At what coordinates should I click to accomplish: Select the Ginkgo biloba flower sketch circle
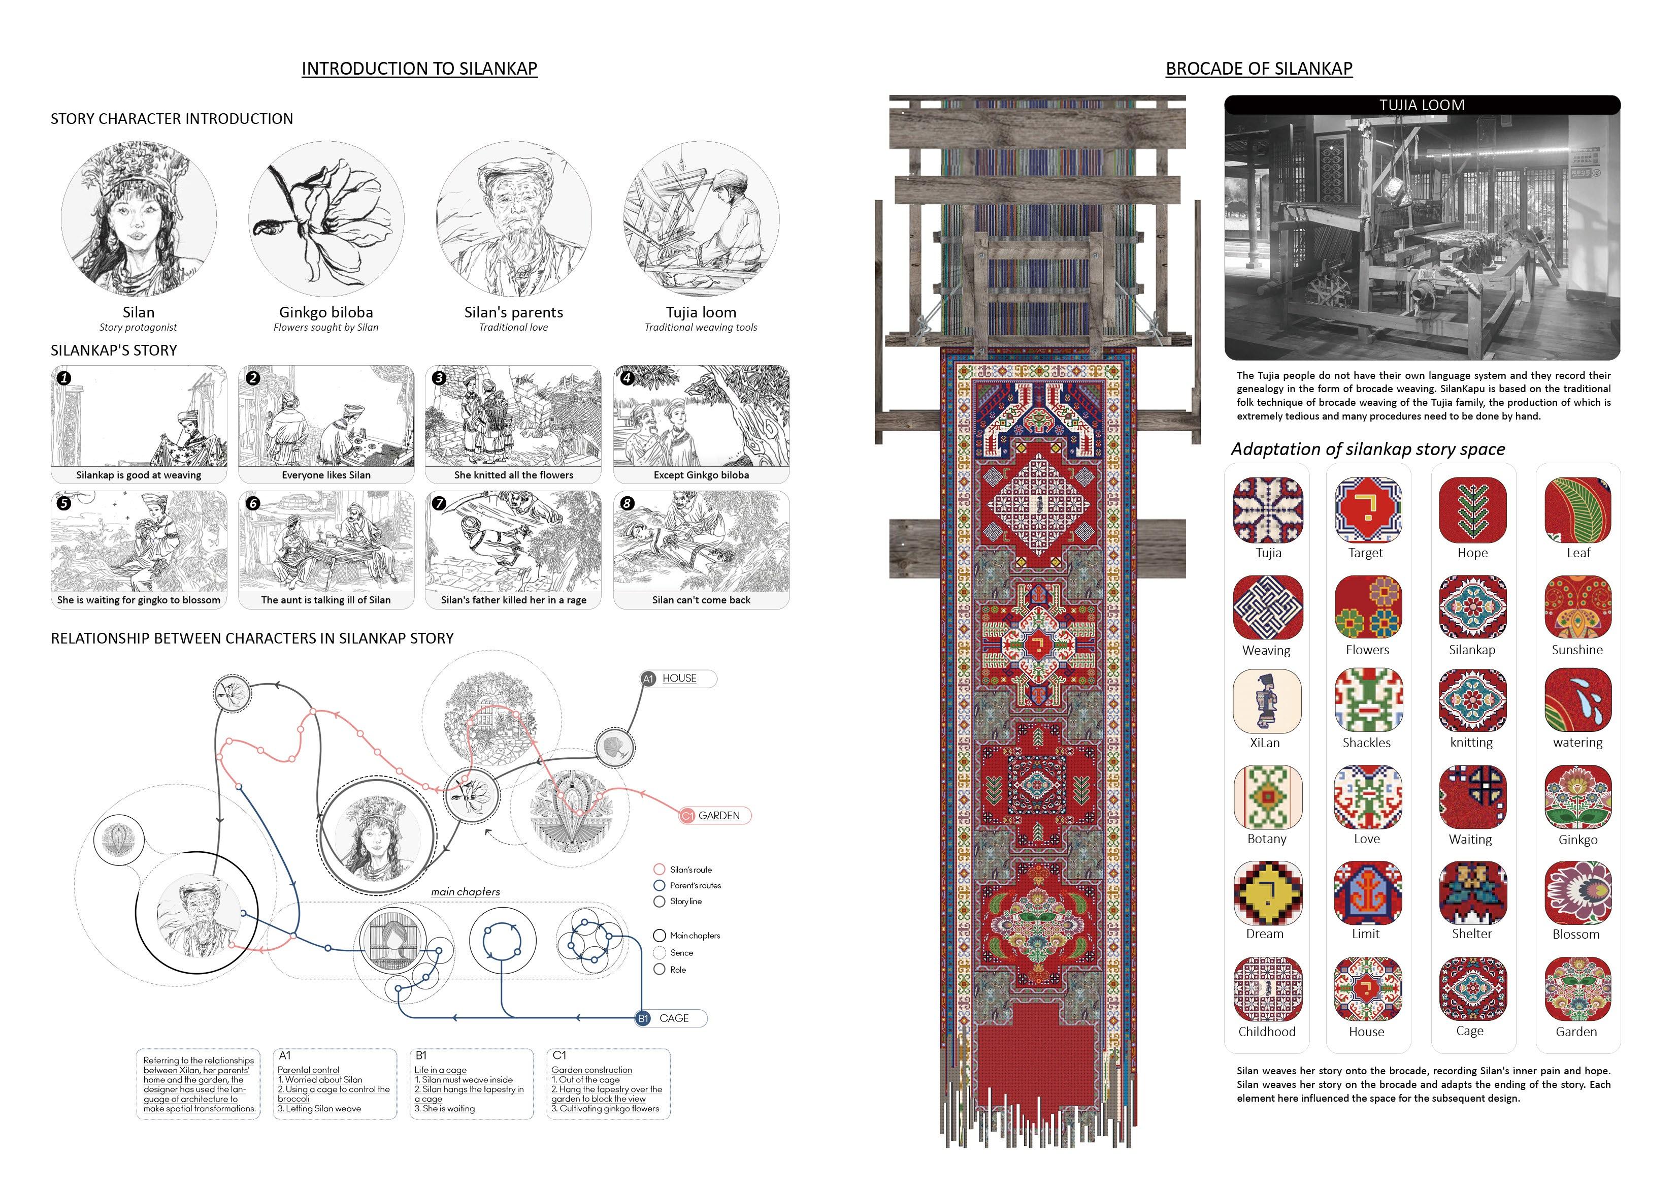pos(326,219)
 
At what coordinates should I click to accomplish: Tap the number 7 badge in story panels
pos(439,503)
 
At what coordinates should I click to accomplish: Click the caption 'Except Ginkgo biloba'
pos(701,475)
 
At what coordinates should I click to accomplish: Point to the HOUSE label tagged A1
pos(679,678)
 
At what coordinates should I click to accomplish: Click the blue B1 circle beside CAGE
pos(643,1018)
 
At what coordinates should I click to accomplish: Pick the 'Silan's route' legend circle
pos(659,869)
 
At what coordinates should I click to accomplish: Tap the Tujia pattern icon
pos(1268,510)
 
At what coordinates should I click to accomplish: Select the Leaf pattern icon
pos(1577,510)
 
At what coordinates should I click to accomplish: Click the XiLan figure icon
pos(1267,701)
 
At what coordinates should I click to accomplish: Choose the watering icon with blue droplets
pos(1577,701)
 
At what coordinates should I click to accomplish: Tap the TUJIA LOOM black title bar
pos(1422,105)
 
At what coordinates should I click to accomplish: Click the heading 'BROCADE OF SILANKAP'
pos(1259,69)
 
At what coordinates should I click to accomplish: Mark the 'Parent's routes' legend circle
pos(659,885)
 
